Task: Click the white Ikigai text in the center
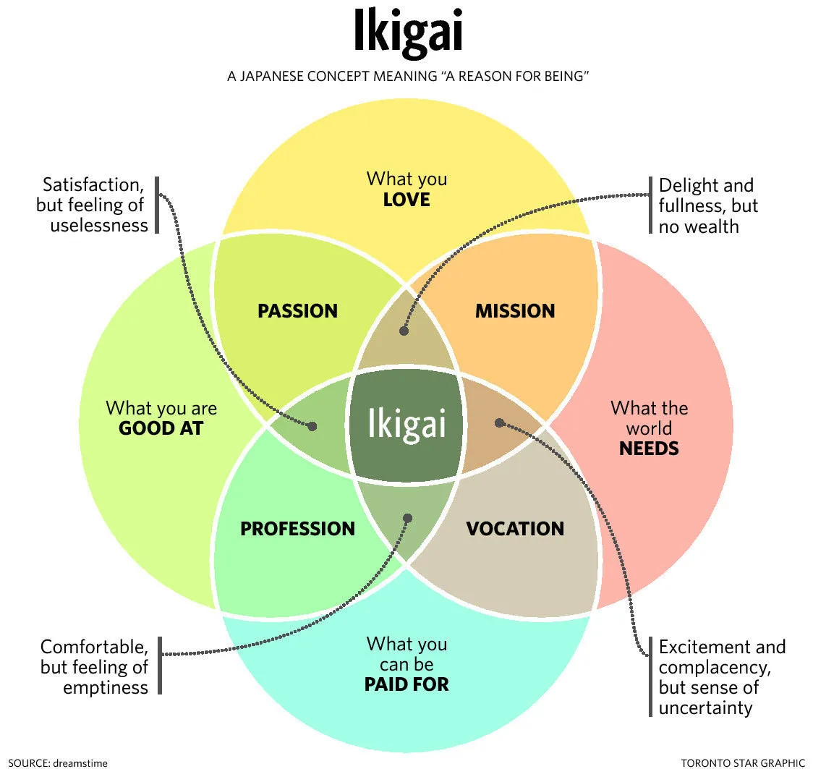pyautogui.click(x=406, y=424)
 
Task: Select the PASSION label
pyautogui.click(x=297, y=311)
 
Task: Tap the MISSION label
pyautogui.click(x=514, y=311)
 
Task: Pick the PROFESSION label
pyautogui.click(x=297, y=529)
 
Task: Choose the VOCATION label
pyautogui.click(x=514, y=529)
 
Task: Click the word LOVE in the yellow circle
pyautogui.click(x=406, y=199)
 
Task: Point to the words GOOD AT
pyautogui.click(x=161, y=428)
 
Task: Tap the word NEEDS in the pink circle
pyautogui.click(x=649, y=449)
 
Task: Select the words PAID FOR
pyautogui.click(x=406, y=684)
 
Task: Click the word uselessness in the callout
pyautogui.click(x=99, y=225)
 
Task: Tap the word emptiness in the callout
pyautogui.click(x=105, y=687)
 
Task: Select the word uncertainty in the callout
pyautogui.click(x=705, y=707)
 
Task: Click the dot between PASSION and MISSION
pyautogui.click(x=404, y=331)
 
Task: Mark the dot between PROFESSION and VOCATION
pyautogui.click(x=407, y=518)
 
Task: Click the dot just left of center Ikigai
pyautogui.click(x=312, y=426)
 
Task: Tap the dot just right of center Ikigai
pyautogui.click(x=498, y=422)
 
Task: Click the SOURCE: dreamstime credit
pyautogui.click(x=48, y=762)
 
